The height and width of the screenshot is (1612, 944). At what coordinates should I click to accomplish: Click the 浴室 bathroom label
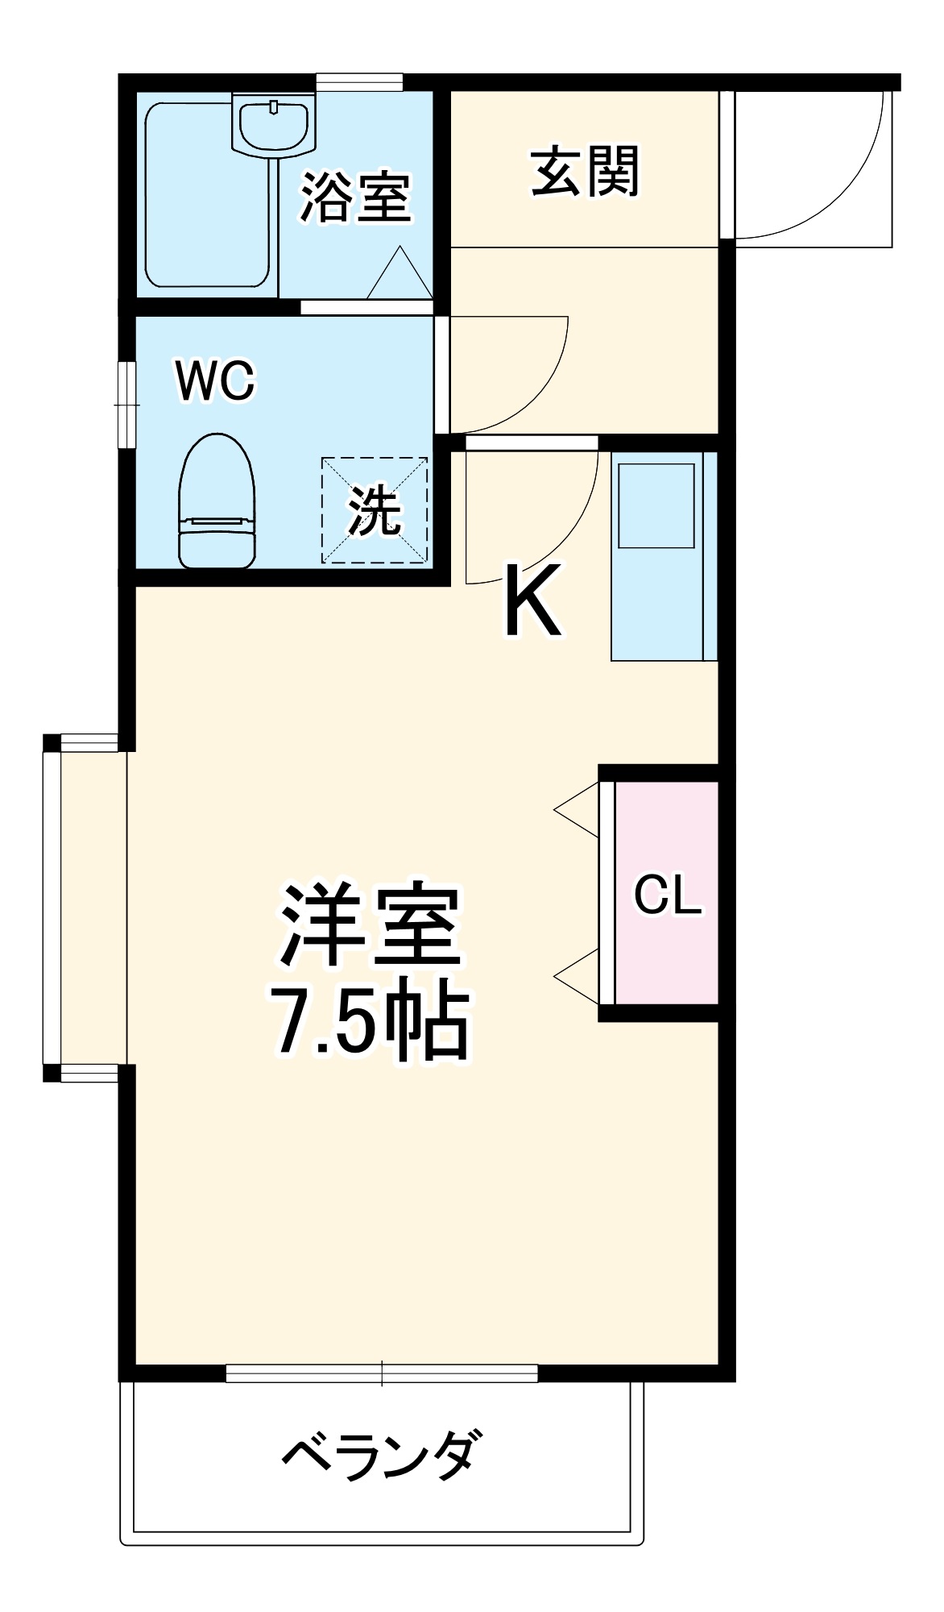[355, 197]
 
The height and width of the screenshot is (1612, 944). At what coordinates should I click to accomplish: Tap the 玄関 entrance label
[585, 171]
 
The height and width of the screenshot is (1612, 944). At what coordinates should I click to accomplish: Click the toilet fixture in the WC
[217, 501]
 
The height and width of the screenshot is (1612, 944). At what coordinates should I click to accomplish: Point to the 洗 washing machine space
[375, 510]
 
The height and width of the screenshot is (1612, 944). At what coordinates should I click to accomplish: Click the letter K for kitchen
[532, 601]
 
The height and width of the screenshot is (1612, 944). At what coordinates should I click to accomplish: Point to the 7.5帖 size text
[370, 1022]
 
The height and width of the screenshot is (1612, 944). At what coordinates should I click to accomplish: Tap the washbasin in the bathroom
[274, 125]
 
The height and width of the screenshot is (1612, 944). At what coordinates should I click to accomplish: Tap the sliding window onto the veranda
[382, 1373]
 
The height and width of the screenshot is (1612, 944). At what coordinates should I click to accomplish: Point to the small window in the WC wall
[126, 404]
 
